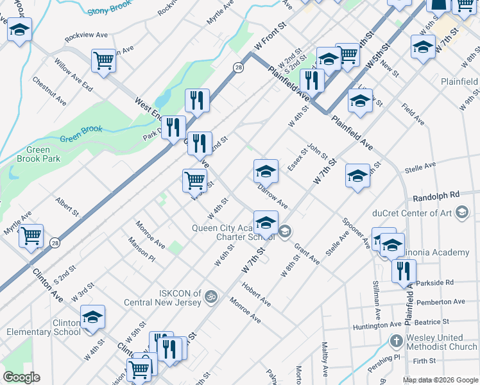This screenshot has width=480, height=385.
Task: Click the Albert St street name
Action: [67, 207]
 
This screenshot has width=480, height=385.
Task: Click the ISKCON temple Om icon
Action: [210, 297]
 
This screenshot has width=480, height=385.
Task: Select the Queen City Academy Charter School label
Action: [234, 232]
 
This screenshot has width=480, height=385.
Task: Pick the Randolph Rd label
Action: [437, 194]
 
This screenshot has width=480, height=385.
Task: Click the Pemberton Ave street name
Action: [440, 302]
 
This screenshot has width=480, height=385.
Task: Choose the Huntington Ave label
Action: [377, 327]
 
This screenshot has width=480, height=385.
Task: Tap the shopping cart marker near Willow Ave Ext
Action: [103, 61]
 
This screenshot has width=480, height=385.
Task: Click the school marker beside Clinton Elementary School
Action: [92, 317]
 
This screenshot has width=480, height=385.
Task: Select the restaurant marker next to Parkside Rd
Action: [404, 270]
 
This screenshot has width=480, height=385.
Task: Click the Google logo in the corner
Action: [21, 377]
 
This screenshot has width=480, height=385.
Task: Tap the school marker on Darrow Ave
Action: [266, 171]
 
